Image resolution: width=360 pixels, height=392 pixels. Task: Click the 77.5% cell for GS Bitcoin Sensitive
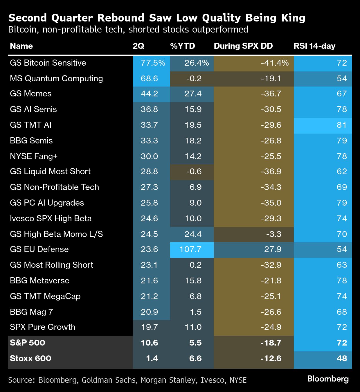pos(153,63)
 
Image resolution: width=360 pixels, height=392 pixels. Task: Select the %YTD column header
pos(182,46)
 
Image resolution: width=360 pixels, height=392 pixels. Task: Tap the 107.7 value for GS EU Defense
pos(190,249)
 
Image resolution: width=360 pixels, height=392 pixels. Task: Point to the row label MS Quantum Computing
pos(56,79)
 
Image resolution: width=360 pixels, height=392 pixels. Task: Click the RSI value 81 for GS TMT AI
pos(342,125)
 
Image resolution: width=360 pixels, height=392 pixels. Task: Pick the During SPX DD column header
pos(243,46)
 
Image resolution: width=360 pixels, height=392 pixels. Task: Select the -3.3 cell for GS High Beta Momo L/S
pos(273,234)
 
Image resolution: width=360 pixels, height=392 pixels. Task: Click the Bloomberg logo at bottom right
pos(328,379)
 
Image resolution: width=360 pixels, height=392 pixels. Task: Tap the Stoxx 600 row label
pos(30,358)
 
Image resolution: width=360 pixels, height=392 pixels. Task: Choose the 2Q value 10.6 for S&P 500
pos(149,343)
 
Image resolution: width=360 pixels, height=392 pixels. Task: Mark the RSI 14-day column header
pos(314,46)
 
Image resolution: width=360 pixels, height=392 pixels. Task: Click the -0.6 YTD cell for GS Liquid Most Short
pos(194,172)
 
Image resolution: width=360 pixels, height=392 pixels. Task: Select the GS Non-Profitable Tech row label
pos(54,187)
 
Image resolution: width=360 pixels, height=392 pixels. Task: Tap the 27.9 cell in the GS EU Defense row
pos(273,249)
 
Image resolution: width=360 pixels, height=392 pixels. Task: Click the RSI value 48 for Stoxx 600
pos(342,358)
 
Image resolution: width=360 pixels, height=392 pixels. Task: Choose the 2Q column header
pos(138,46)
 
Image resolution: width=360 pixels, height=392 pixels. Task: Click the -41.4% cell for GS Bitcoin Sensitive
pos(274,63)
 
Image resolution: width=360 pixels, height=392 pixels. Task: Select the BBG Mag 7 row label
pos(31,312)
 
